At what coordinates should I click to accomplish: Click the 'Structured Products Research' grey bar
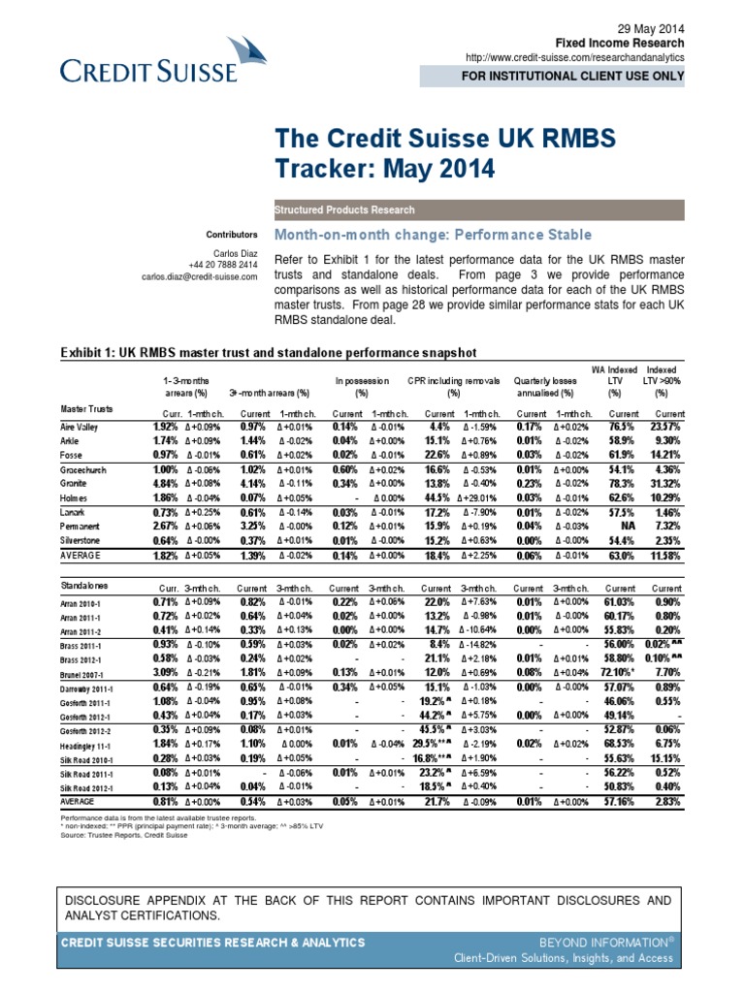[x=346, y=209]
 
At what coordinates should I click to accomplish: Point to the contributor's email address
[x=200, y=276]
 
